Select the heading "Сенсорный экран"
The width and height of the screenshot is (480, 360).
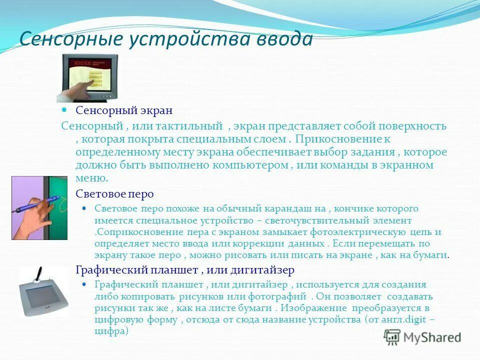pyautogui.click(x=124, y=110)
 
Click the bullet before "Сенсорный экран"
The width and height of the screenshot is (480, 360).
pyautogui.click(x=64, y=109)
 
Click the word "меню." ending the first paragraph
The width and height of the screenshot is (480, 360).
pyautogui.click(x=91, y=178)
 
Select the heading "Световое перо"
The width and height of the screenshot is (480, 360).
pyautogui.click(x=114, y=194)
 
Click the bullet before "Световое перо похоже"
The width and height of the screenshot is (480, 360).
pyautogui.click(x=84, y=208)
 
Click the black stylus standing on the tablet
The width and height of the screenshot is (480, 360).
pyautogui.click(x=38, y=274)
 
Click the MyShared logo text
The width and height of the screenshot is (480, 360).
pyautogui.click(x=431, y=337)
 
